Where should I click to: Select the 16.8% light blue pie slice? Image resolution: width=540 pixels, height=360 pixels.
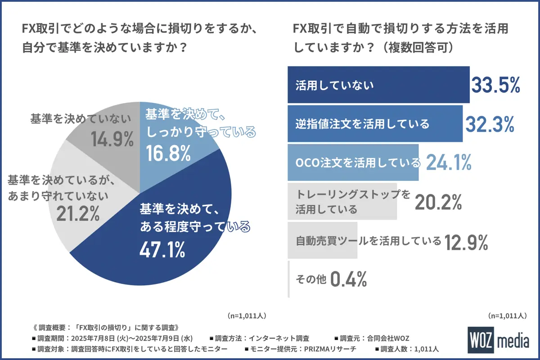tap(175, 135)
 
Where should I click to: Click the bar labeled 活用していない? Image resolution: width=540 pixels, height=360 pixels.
tap(378, 85)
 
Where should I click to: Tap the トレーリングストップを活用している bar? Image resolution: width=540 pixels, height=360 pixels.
tap(342, 201)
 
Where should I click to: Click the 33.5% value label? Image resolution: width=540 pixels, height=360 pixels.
tap(495, 85)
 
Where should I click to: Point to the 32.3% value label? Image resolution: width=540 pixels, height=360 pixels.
tap(490, 124)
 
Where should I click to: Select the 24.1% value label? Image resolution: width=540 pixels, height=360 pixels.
tap(448, 162)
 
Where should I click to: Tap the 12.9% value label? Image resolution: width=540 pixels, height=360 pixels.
tap(466, 241)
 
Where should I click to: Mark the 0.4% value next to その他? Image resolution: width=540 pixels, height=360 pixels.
tap(348, 279)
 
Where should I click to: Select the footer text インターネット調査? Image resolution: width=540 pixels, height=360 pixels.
tap(283, 338)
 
